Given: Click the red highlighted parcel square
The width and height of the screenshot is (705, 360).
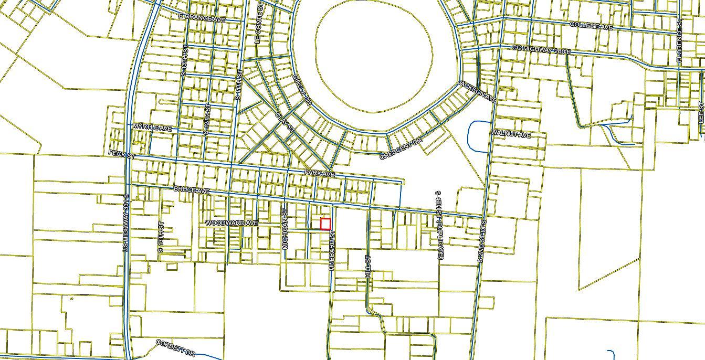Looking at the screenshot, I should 325,224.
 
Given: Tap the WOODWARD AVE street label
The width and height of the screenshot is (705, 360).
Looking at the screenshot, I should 232,223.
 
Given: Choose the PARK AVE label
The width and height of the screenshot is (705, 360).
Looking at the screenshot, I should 319,174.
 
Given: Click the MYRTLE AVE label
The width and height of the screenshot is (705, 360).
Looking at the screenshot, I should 152,128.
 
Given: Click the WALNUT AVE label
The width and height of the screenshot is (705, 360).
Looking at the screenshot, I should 511,134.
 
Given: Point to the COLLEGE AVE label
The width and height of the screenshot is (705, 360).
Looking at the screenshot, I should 591,26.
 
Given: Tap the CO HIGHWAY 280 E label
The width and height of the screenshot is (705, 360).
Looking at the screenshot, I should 541,50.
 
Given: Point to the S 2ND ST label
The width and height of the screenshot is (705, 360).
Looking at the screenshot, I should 481,241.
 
